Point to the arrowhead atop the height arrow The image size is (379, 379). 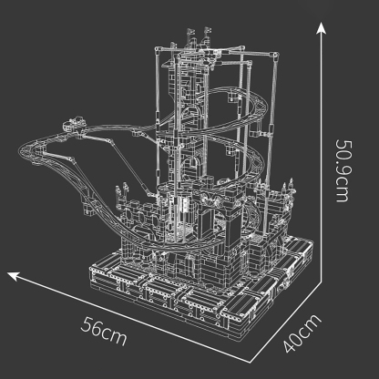point(321,27)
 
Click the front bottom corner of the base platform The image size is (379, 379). point(222,321)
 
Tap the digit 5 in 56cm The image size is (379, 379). point(88,327)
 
